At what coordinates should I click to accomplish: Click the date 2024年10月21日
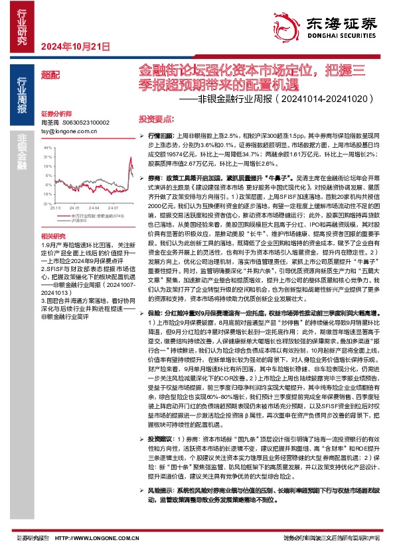pyautogui.click(x=75, y=46)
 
